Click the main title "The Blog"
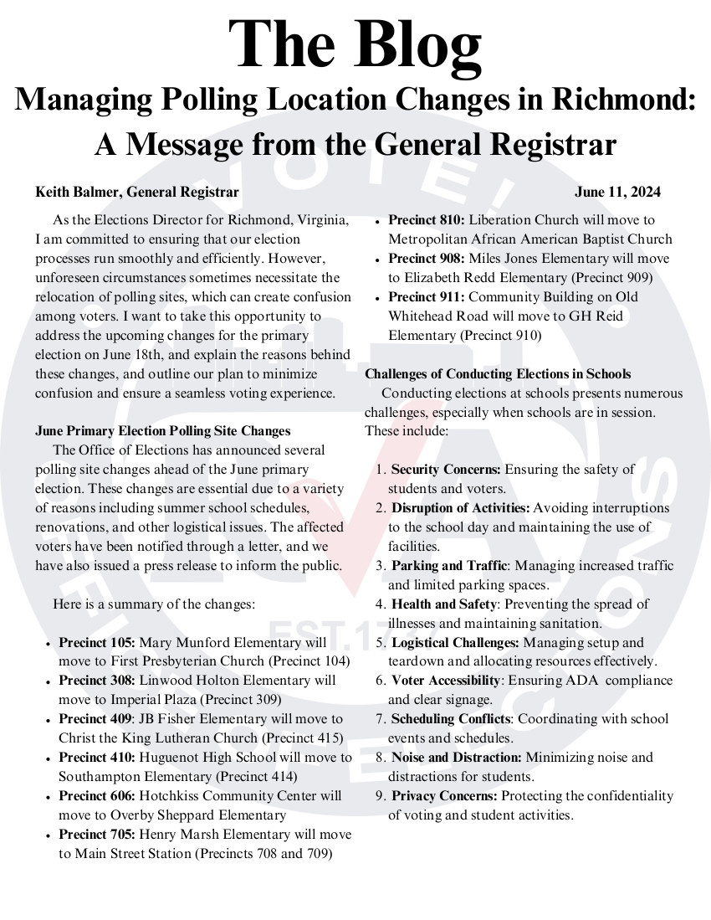pos(355,44)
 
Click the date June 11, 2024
pos(617,193)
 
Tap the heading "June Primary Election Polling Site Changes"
pos(163,431)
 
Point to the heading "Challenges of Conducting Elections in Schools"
pos(498,374)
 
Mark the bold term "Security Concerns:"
pos(446,470)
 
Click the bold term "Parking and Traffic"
pos(448,566)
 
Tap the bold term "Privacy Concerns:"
pos(444,795)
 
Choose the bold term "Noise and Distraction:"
pos(456,758)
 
